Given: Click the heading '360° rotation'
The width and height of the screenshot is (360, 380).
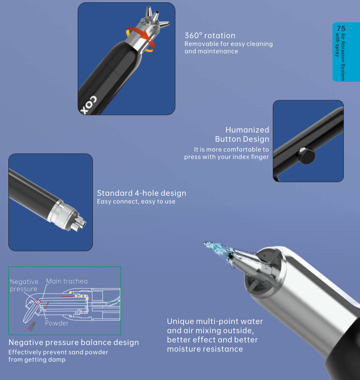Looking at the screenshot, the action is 210,36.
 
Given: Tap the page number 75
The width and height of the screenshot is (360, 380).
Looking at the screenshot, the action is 341,28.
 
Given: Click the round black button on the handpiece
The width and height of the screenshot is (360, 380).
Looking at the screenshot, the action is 307,155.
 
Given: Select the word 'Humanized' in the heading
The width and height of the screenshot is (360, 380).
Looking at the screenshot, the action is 247,130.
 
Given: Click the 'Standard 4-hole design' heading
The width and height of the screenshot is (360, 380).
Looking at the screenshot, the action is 142,193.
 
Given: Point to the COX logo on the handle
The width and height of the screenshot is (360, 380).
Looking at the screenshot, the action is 89,105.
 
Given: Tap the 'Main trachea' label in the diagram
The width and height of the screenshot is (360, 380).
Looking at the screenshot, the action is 67,281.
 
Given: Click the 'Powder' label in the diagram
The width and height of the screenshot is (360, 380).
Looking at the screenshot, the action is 57,323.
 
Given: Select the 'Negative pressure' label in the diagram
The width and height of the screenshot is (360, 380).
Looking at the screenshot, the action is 24,285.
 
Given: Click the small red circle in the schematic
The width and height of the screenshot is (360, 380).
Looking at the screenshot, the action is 37,302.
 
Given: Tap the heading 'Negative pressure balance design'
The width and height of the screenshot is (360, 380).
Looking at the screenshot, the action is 74,343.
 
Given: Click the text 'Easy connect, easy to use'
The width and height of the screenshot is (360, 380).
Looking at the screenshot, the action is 136,201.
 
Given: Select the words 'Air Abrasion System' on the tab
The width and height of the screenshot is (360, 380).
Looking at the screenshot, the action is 342,57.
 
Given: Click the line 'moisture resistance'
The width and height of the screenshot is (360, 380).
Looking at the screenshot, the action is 205,349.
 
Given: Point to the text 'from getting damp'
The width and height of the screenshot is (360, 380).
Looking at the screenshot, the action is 37,359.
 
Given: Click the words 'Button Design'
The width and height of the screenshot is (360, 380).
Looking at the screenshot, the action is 242,139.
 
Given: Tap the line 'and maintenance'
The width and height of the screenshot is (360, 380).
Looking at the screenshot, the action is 211,51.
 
